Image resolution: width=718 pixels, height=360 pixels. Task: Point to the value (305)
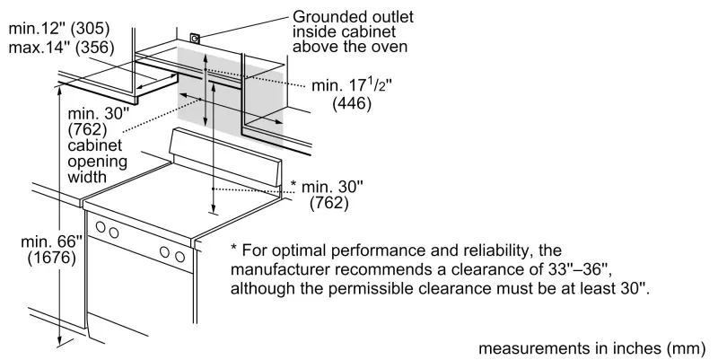(100, 28)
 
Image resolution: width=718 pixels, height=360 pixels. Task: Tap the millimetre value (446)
(353, 104)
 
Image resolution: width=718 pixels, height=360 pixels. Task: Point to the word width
(88, 178)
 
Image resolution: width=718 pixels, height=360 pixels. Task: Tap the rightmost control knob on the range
(180, 259)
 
